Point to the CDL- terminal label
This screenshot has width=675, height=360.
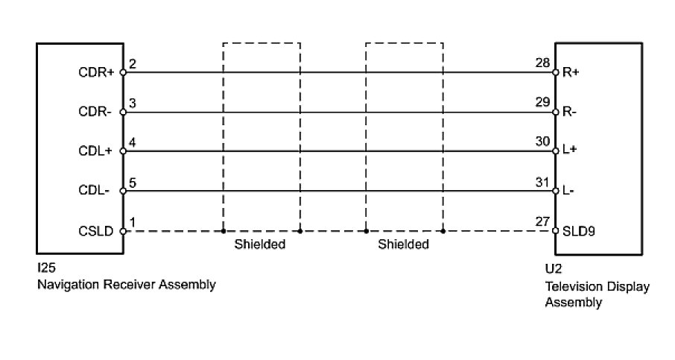click(x=95, y=191)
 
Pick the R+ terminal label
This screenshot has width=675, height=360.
click(x=571, y=74)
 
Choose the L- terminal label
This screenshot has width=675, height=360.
click(x=569, y=191)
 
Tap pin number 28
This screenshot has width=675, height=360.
click(x=542, y=64)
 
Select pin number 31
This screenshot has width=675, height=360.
click(x=542, y=180)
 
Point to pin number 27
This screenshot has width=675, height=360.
click(x=542, y=221)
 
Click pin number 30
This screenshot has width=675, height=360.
click(x=542, y=142)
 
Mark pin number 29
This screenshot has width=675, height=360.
click(x=542, y=103)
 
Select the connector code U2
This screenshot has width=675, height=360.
click(x=553, y=271)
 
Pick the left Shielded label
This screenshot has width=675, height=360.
click(x=261, y=244)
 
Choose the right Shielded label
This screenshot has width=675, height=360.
click(x=404, y=244)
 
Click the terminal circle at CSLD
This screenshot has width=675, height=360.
click(x=123, y=231)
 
